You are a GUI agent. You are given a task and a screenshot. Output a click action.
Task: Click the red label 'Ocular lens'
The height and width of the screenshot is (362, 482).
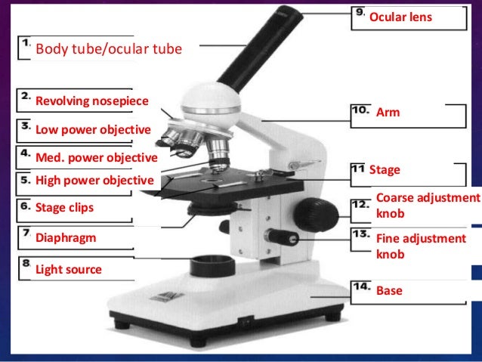400,16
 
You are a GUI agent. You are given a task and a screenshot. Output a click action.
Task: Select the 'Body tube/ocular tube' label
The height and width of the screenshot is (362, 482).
109,51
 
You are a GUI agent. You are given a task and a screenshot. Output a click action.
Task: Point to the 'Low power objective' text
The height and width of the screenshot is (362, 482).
94,130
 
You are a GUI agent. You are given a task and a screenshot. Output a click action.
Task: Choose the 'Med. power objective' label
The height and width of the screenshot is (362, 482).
97,158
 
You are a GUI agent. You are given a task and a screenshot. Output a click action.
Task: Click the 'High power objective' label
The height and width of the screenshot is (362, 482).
94,181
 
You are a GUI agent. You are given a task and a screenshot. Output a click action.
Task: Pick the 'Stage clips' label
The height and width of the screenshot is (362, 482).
66,206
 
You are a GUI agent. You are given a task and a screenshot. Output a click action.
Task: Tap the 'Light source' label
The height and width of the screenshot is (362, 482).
69,269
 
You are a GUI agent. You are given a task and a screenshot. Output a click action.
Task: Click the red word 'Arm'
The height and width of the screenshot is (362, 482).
388,113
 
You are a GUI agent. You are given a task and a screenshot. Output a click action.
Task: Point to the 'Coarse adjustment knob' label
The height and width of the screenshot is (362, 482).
428,206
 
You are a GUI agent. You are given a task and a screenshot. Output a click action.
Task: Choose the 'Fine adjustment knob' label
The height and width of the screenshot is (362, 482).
421,246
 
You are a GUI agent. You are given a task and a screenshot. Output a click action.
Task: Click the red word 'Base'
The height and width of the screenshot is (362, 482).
389,290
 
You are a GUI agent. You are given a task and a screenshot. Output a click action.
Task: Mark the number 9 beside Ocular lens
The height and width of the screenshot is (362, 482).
360,14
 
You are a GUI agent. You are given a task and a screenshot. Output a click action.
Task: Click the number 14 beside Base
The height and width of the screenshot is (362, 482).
360,288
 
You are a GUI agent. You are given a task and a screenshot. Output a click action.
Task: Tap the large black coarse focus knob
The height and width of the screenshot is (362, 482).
312,213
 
